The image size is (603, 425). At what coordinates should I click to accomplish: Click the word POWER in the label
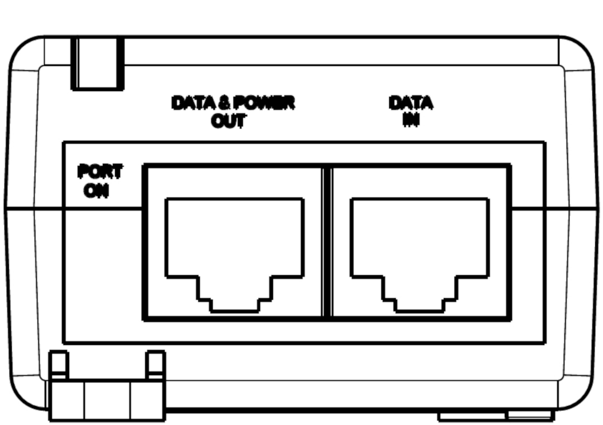[264, 103]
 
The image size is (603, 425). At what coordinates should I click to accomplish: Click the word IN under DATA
[411, 120]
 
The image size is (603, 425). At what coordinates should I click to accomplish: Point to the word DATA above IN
[411, 103]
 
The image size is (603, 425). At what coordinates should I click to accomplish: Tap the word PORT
[100, 171]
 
